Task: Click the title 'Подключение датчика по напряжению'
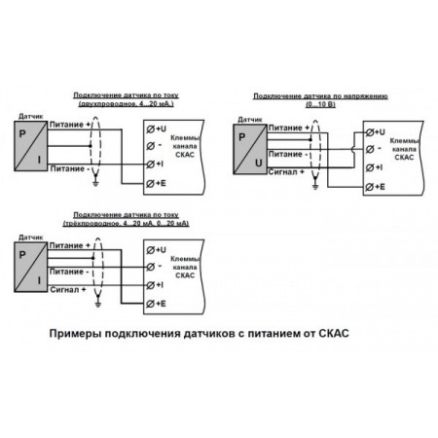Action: coord(321,96)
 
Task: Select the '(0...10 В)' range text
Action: coord(321,105)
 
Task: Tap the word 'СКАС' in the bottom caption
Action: coord(330,333)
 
